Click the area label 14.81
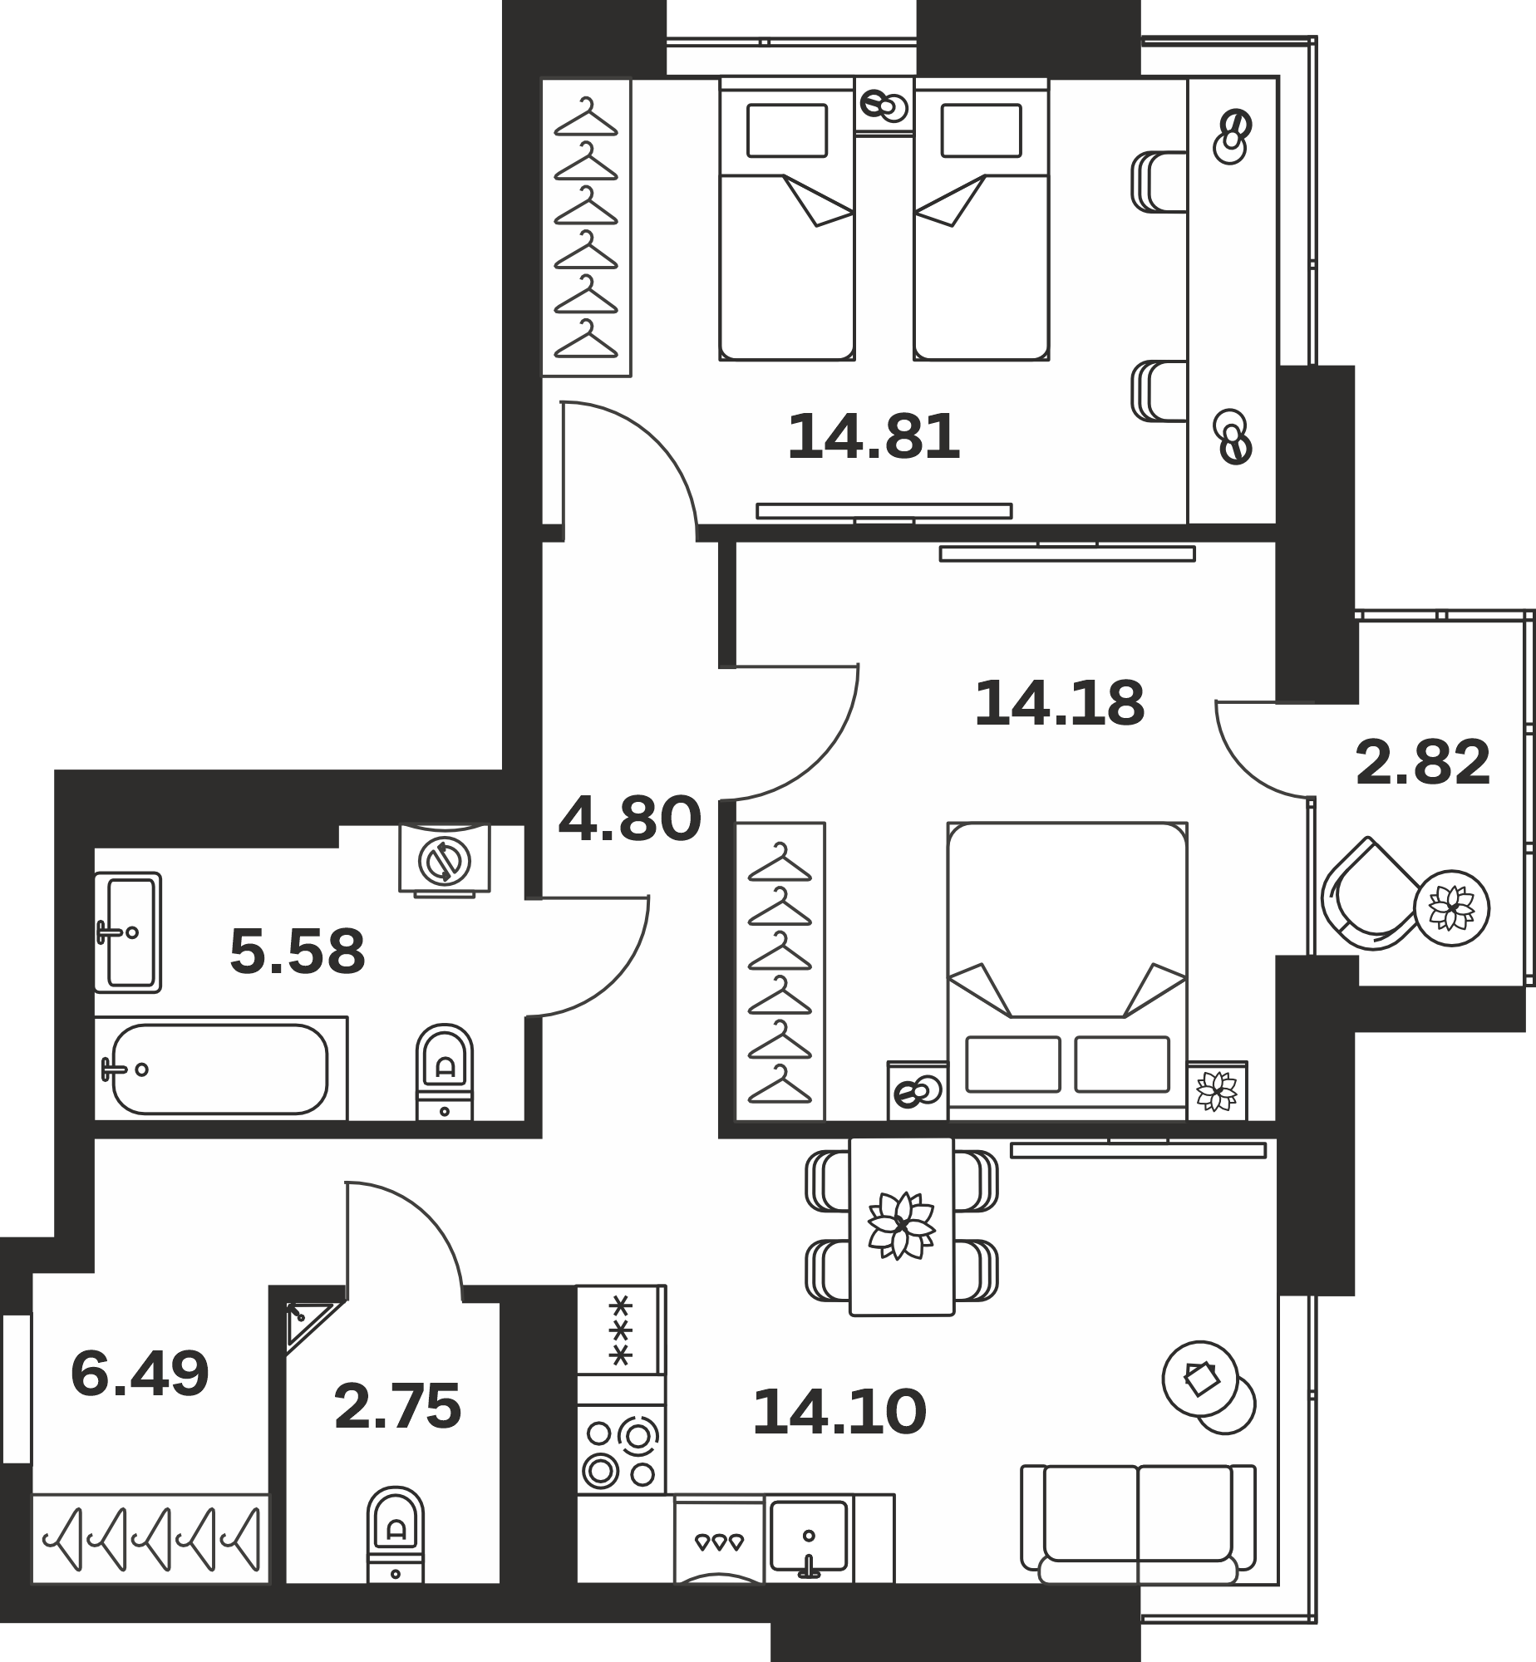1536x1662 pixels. [x=874, y=438]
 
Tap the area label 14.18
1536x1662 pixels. [x=1059, y=703]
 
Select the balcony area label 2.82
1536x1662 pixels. [x=1422, y=763]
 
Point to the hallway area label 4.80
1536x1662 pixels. [x=630, y=819]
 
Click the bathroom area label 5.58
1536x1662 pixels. [x=297, y=951]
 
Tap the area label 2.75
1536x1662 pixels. [x=397, y=1407]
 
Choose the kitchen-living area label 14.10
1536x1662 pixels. [x=839, y=1412]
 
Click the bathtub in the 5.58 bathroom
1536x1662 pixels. [x=220, y=1069]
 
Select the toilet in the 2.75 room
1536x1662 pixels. [x=396, y=1535]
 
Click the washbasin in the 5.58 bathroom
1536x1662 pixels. [x=127, y=932]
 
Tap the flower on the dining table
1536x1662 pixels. [x=901, y=1226]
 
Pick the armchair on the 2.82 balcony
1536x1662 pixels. [x=1371, y=896]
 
